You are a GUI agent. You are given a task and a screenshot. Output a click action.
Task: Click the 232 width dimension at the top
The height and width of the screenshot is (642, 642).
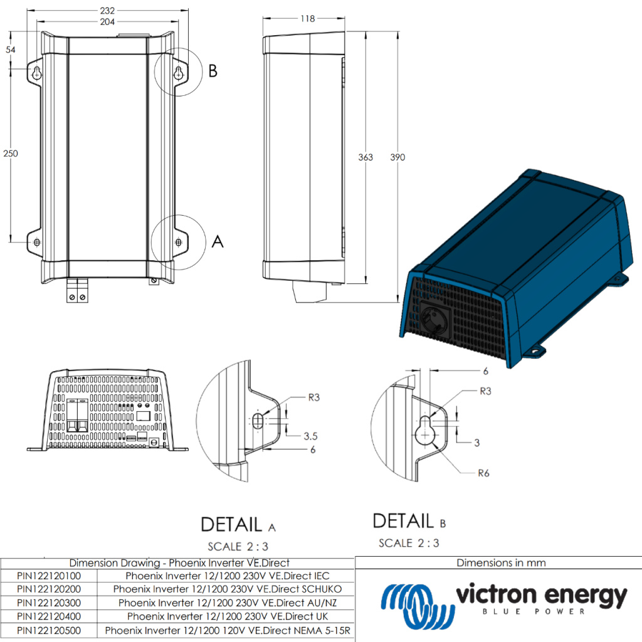108,11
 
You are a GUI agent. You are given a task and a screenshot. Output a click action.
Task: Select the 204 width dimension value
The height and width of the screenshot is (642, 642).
108,21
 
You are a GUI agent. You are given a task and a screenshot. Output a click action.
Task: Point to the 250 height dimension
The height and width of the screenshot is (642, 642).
9,154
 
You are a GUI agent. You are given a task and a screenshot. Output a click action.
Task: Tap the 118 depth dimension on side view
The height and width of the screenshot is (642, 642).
307,19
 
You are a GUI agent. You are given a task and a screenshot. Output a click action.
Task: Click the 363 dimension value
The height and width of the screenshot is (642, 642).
365,157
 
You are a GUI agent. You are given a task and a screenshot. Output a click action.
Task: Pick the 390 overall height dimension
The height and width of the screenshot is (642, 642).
397,157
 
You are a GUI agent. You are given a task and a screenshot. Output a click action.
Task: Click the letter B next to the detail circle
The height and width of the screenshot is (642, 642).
213,71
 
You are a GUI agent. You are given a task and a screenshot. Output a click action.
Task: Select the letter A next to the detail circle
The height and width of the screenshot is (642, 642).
218,241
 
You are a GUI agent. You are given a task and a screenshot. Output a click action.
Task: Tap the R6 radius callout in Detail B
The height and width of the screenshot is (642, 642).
483,473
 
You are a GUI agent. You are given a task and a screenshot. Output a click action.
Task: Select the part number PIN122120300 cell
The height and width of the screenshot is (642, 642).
49,603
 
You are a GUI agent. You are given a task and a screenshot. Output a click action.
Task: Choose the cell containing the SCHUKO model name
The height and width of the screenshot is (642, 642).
227,589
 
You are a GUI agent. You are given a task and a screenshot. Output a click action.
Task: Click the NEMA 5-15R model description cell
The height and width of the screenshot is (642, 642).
227,630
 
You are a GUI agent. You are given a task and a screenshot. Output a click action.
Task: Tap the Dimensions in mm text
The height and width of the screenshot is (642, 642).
501,562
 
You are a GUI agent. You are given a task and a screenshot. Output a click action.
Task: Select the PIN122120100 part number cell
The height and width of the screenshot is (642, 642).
49,575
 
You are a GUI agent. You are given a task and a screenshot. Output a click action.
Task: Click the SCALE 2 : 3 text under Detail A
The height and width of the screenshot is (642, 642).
238,547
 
